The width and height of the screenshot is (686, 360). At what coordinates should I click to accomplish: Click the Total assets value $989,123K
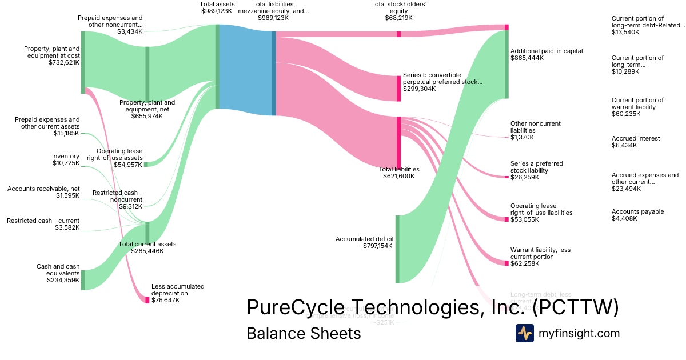217,11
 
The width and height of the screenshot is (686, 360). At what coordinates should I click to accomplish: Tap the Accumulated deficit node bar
397,249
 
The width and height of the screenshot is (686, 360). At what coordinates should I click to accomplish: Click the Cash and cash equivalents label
58,273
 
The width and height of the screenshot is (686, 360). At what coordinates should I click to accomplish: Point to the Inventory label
66,160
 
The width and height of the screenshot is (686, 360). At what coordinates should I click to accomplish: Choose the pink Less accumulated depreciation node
147,300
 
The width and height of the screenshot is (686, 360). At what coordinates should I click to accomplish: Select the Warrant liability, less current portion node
506,263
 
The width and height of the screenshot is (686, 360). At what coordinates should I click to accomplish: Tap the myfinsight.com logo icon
524,333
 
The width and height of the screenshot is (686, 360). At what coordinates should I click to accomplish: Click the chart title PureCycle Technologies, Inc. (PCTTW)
433,307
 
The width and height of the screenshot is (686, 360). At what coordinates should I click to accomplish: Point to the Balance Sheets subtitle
304,333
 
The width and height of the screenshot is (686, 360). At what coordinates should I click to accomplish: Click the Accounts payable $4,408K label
637,215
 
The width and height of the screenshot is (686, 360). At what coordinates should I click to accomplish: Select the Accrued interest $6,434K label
636,142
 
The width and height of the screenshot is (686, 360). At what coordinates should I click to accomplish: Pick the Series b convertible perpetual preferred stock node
398,89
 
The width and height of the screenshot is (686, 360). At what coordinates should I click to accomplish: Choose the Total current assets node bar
147,232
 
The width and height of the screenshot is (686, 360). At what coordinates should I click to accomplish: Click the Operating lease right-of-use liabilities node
506,219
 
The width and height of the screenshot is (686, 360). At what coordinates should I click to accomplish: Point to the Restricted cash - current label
43,225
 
